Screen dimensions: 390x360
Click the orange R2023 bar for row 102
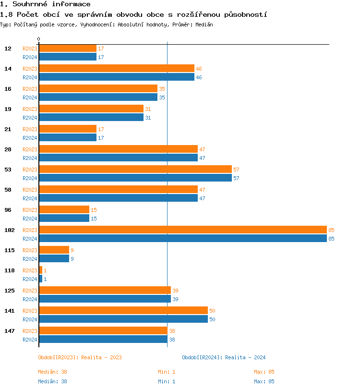tap(182, 230)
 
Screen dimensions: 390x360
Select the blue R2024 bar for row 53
tap(135, 178)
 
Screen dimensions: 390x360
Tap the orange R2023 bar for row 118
tap(40, 270)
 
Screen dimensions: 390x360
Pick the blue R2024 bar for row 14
tap(117, 77)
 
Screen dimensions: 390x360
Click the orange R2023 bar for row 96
tap(64, 210)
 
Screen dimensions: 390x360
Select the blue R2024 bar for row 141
tap(123, 319)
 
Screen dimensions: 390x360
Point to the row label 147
tap(9, 331)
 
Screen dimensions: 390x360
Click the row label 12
tap(8, 49)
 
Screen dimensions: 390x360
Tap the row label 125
tap(9, 291)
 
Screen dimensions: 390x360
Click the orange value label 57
tap(236, 170)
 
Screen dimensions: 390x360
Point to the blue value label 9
tap(72, 259)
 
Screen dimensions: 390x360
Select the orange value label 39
tap(175, 291)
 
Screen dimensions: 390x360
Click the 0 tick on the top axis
tap(39, 39)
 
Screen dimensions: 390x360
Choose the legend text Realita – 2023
tap(101, 357)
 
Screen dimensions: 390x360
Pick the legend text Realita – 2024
tap(245, 357)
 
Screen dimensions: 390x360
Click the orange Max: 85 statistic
tap(264, 372)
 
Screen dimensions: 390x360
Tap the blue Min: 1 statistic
tap(167, 381)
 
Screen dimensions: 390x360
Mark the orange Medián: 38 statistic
tap(52, 372)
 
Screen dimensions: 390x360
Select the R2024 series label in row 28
tap(30, 158)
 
